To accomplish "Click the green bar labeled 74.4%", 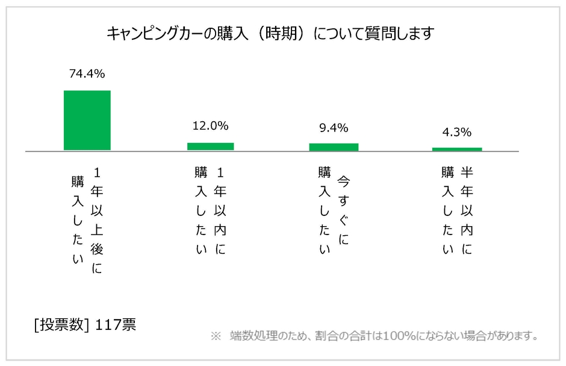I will point(87,120).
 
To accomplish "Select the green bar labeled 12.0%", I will point(210,146).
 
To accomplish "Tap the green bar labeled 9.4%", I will point(334,147).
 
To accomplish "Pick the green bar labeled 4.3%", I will point(457,148).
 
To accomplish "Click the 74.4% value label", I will point(87,74).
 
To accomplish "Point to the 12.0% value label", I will point(210,126).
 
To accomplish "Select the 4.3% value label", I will point(457,132).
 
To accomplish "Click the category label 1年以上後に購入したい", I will point(87,220).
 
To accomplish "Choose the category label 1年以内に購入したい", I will point(210,211).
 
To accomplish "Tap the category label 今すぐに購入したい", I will point(334,211).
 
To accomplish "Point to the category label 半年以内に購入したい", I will point(457,211).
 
